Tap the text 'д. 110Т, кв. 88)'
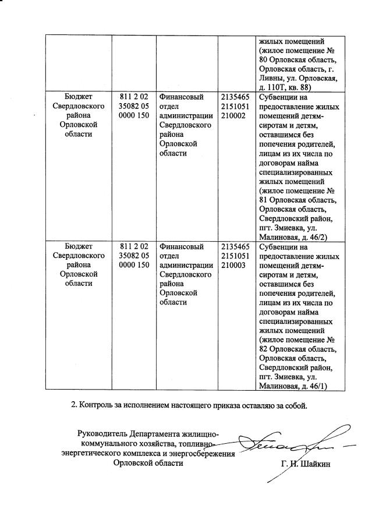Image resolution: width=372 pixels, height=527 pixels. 288,86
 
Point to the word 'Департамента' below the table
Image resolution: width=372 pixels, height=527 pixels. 153,434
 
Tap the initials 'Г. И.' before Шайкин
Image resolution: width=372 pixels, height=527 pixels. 283,464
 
